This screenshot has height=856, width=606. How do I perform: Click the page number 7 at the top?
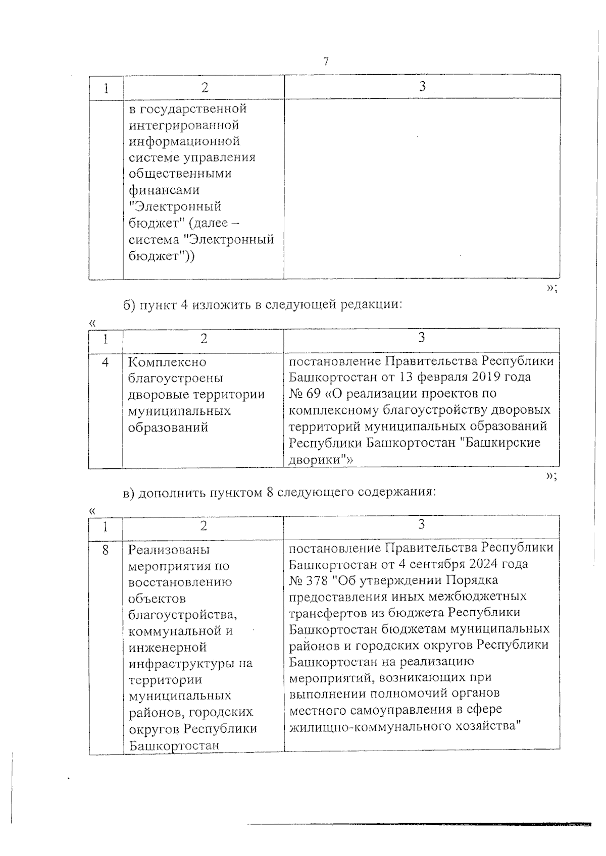pos(326,62)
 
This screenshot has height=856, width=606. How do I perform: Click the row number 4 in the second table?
pos(106,362)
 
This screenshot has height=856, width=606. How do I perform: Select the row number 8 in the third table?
pos(106,549)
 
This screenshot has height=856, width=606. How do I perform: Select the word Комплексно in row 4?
pos(167,362)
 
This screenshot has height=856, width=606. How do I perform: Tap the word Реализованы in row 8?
pos(169,550)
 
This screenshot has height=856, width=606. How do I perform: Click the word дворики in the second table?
pos(314,460)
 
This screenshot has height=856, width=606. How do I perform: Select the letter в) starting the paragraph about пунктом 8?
pos(130,493)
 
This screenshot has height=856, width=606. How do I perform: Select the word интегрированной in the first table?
pos(184,125)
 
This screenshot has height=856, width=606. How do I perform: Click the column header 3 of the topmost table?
pos(422,86)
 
